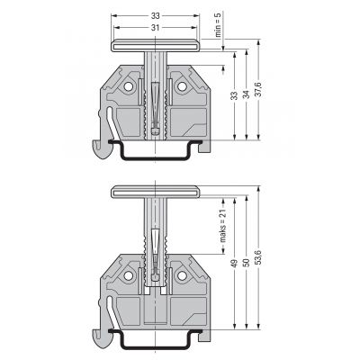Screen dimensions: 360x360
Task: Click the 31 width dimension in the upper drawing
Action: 155,28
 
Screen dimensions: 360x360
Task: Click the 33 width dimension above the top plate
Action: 155,16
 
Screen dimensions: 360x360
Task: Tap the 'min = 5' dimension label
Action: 219,24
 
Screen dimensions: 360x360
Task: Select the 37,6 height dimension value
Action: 259,89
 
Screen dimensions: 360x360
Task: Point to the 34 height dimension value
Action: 247,94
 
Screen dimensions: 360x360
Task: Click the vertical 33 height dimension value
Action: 235,95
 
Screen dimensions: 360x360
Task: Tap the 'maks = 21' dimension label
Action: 223,225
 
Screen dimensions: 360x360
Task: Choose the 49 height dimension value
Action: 235,263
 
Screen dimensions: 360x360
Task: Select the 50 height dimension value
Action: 247,263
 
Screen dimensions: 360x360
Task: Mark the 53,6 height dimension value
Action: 259,256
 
